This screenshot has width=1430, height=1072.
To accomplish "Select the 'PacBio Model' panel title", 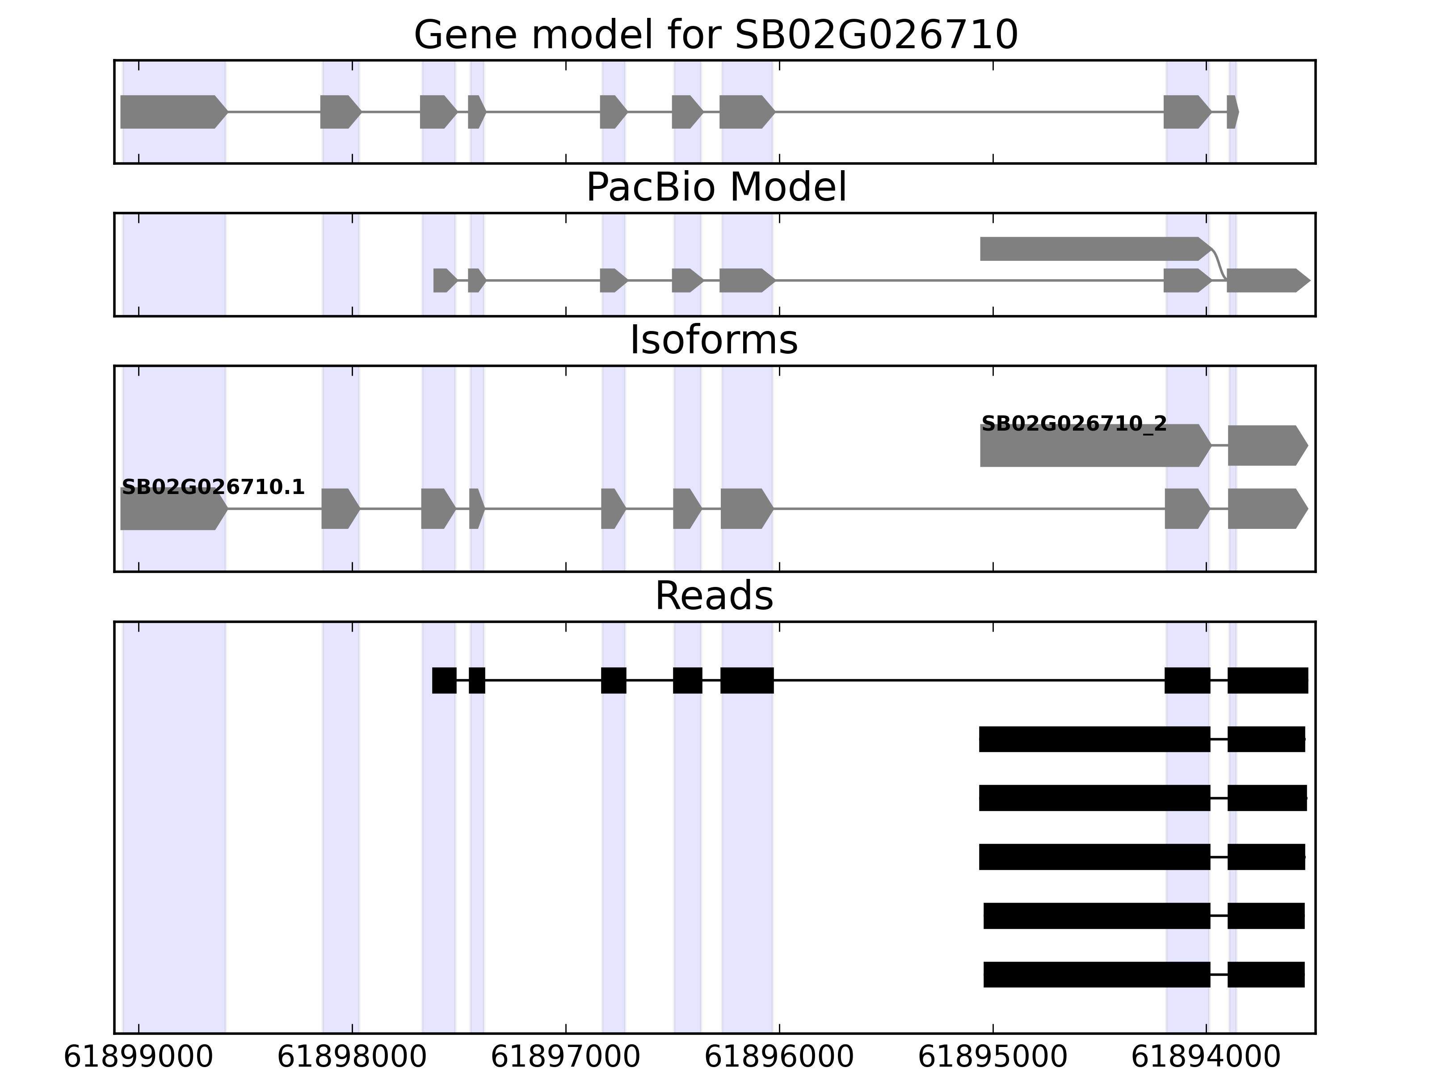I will coord(715,188).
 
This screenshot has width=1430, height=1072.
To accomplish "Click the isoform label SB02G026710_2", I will coord(1074,424).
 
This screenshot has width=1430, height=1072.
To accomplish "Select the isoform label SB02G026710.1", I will coord(213,487).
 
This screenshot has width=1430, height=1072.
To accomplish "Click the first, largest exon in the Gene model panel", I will coord(171,112).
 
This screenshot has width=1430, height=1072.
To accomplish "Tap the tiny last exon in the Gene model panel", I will coord(1232,112).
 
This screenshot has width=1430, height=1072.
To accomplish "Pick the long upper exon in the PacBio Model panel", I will coord(1093,249).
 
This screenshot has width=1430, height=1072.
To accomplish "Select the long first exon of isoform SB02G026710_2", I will coord(1093,446).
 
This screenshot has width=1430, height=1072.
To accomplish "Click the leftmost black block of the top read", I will coord(444,680).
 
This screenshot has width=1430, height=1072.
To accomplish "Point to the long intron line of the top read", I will coord(970,680).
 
